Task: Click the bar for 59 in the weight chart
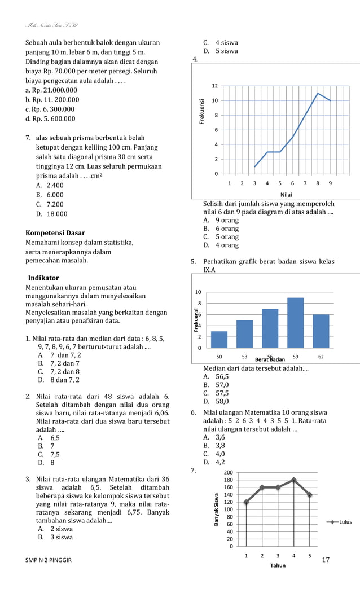296,323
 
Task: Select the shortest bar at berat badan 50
219,340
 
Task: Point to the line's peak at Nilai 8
318,93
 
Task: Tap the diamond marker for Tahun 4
293,480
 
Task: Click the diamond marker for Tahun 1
246,502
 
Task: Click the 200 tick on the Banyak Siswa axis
228,472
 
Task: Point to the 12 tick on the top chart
214,86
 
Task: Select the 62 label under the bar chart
321,357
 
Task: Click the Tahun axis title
278,565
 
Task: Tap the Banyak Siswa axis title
216,509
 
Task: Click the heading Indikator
43,278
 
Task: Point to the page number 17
325,560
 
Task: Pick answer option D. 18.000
51,214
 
